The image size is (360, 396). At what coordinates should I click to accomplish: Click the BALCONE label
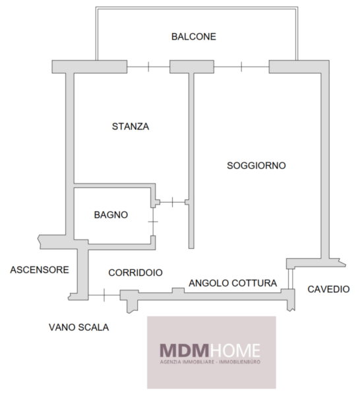click(x=194, y=36)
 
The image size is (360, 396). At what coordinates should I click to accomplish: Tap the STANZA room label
click(x=131, y=126)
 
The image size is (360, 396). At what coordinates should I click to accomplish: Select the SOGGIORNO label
click(x=256, y=166)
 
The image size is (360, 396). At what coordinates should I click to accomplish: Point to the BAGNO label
click(x=111, y=214)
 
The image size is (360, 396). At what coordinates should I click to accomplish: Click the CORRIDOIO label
click(x=135, y=273)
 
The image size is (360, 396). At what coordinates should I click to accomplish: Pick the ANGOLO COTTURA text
click(x=233, y=283)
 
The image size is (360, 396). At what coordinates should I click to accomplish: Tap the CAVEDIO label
click(x=328, y=289)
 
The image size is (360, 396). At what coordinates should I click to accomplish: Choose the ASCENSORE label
click(x=40, y=270)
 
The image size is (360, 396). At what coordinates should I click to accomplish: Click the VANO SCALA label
click(x=78, y=327)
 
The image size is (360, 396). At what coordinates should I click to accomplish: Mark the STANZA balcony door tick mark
click(x=148, y=67)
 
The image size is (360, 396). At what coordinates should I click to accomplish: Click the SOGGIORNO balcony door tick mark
click(x=241, y=67)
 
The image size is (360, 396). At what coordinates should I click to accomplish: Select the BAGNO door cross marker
click(x=153, y=222)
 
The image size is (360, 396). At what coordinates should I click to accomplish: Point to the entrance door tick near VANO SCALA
click(x=104, y=295)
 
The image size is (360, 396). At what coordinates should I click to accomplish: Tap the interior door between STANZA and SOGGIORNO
click(x=173, y=202)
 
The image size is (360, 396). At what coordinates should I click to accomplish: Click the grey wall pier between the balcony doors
click(x=192, y=67)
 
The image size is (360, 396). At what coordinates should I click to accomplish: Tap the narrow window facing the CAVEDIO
click(x=290, y=279)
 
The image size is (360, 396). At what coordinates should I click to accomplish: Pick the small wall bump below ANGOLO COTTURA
click(x=178, y=290)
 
